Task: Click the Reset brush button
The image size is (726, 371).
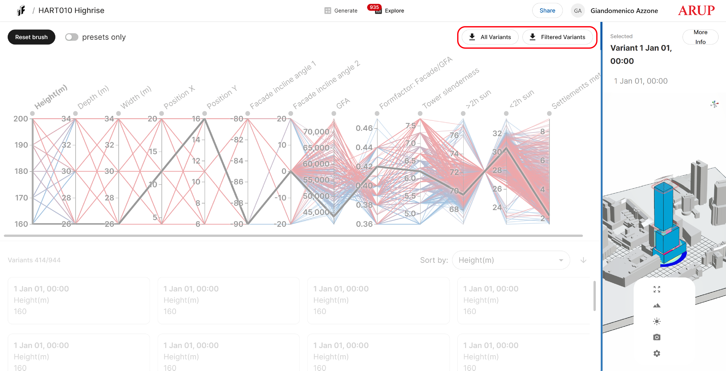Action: pos(31,37)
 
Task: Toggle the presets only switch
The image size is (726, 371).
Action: pos(72,37)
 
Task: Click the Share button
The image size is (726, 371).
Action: pos(547,11)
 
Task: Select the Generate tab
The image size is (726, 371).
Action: pos(341,11)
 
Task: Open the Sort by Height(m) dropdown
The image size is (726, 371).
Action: pos(511,260)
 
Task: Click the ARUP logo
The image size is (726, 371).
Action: pos(696,11)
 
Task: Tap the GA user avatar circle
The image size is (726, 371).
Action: pos(578,11)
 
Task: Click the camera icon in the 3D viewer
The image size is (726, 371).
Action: pos(657,337)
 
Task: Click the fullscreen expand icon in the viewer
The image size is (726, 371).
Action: pos(657,289)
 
